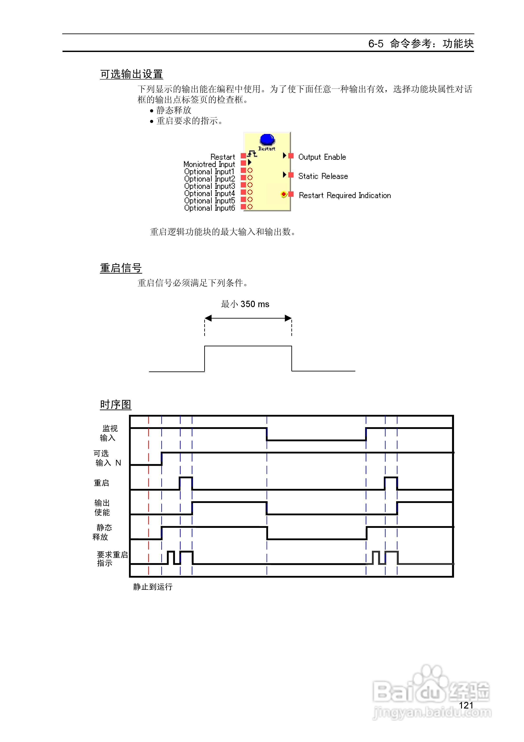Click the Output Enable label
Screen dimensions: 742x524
[x=322, y=157]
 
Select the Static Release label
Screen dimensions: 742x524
[x=323, y=176]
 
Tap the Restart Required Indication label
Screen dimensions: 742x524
[x=344, y=195]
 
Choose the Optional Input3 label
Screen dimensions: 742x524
[x=209, y=186]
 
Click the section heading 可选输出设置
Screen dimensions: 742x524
[x=131, y=74]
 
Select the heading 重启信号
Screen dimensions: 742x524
[x=121, y=268]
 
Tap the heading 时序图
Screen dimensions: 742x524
[x=115, y=404]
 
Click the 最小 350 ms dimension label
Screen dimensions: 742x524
[x=245, y=304]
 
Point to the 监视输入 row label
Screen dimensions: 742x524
[x=108, y=433]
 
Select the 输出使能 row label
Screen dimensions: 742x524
[x=102, y=507]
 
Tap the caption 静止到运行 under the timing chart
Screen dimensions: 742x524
[x=153, y=586]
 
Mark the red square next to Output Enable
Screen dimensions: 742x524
[x=291, y=156]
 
